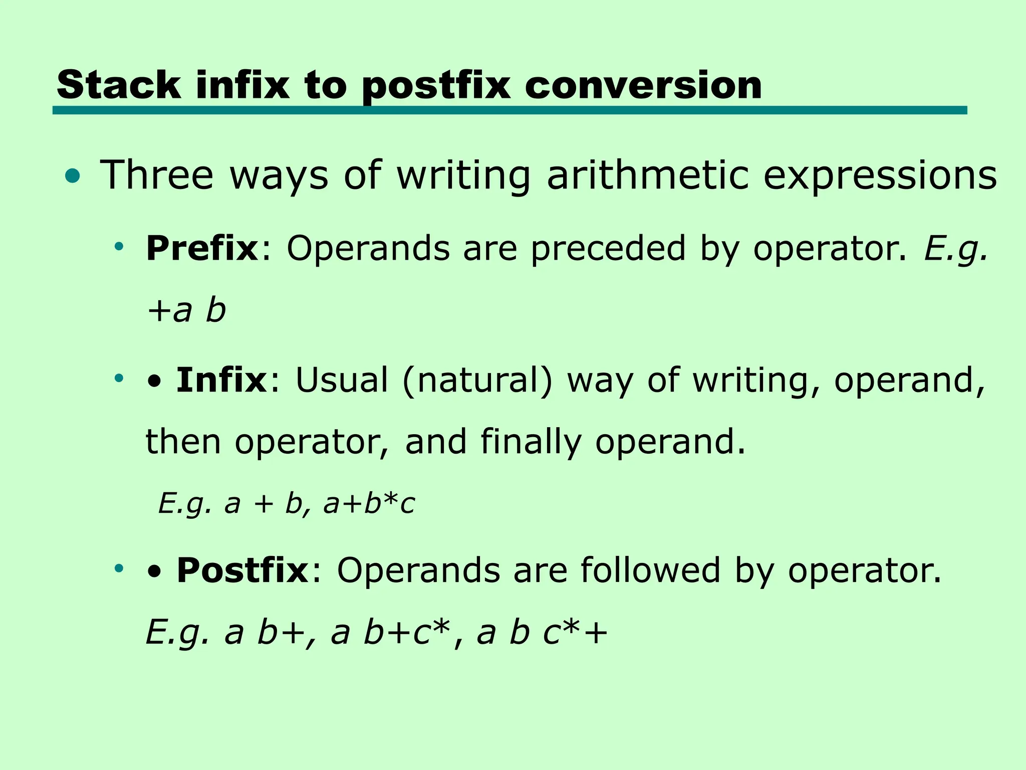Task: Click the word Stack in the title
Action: [119, 85]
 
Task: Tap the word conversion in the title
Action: [643, 85]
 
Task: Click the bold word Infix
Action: [221, 380]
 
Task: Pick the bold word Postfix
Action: [242, 570]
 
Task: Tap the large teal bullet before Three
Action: [72, 176]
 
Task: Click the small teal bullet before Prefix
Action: [119, 246]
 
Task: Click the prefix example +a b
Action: [186, 310]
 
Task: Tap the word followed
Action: [650, 570]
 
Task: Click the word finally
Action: [531, 442]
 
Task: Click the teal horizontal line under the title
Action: [509, 110]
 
